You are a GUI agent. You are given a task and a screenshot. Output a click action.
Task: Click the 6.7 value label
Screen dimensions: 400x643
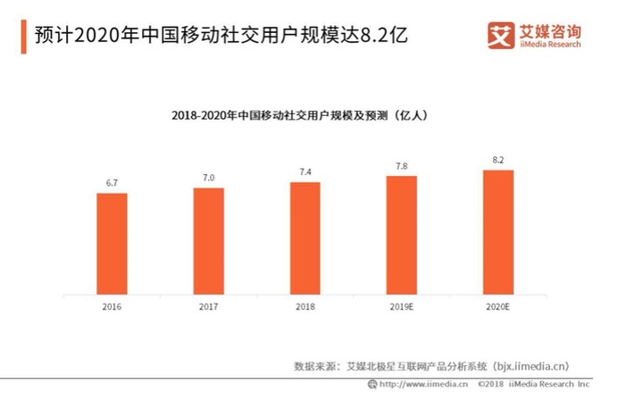(112, 183)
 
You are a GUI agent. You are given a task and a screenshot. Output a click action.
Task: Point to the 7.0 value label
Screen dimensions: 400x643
(208, 178)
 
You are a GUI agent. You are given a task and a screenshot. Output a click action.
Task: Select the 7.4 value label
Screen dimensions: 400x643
(305, 171)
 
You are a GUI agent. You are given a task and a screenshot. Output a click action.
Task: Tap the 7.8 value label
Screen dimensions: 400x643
(401, 165)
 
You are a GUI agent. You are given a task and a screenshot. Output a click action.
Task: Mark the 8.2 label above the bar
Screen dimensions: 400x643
(497, 159)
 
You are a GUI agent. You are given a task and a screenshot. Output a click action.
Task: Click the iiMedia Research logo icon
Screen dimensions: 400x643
(501, 35)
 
